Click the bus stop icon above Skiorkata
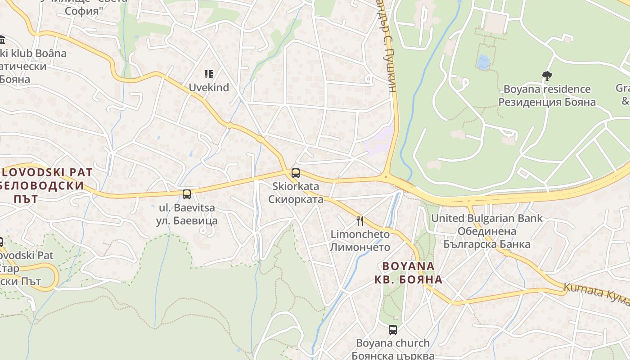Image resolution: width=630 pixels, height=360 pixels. (296, 173)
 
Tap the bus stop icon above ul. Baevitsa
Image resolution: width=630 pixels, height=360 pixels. (187, 194)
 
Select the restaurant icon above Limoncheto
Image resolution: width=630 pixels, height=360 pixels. (360, 220)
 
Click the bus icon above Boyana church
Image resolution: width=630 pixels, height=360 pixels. (393, 330)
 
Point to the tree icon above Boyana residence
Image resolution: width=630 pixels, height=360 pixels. (547, 76)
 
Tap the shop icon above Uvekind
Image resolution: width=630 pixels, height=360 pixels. (208, 74)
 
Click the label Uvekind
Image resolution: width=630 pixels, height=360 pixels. (209, 87)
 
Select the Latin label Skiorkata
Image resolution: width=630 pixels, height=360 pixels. (296, 186)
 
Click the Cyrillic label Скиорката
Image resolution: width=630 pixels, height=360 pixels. (296, 199)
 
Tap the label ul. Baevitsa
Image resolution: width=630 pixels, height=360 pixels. (187, 208)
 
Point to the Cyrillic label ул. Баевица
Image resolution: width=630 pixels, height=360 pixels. (187, 220)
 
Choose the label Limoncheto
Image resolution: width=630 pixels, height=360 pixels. (360, 234)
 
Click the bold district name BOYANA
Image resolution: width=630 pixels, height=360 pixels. (409, 266)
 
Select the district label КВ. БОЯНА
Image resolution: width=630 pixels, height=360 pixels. (409, 279)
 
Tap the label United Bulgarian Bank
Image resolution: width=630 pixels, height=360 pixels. (487, 219)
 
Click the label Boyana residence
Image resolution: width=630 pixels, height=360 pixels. (547, 89)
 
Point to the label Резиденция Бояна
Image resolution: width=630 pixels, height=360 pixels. (547, 102)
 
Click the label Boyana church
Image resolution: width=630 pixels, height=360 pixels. (393, 343)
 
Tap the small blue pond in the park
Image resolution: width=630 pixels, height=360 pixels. (483, 62)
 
